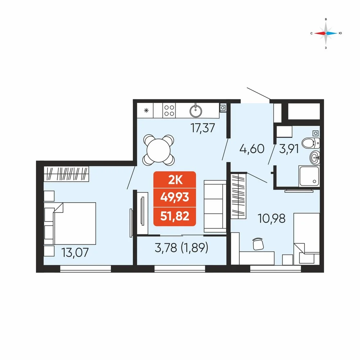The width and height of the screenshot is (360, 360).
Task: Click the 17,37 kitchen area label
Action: click(203, 128)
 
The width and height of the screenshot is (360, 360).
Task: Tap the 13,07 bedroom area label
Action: click(75, 253)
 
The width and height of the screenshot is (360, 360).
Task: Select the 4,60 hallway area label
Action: click(252, 149)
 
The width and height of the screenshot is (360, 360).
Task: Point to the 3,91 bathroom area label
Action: click(289, 149)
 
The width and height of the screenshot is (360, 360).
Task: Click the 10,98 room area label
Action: click(271, 219)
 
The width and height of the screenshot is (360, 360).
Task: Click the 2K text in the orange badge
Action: click(175, 180)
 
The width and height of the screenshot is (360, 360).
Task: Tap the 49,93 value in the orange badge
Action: click(175, 197)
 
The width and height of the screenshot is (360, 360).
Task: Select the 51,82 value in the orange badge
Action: click(175, 216)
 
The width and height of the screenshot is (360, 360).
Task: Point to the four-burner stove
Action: click(169, 111)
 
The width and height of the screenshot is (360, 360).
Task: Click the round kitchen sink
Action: click(196, 111)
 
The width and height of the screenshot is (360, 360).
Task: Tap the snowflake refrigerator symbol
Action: click(146, 111)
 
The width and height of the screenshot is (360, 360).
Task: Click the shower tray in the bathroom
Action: click(309, 176)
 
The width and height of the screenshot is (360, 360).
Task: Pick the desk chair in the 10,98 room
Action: click(258, 244)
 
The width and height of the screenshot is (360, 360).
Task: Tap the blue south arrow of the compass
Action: click(332, 33)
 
